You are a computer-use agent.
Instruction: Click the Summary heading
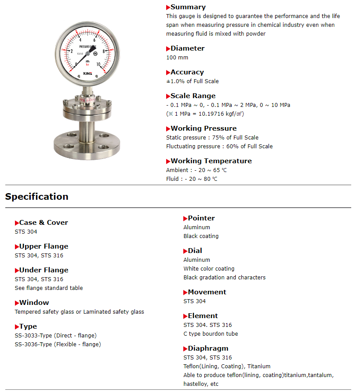coord(188,7)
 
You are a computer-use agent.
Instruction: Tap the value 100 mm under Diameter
coord(177,58)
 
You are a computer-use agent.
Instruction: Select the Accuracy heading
coord(187,72)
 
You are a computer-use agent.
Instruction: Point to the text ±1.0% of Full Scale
coord(192,81)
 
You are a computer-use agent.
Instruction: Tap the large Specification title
coord(37,197)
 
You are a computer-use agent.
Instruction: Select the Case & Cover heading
coord(44,223)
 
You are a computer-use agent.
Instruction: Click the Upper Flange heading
coord(44,246)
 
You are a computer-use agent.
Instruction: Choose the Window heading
coord(34,303)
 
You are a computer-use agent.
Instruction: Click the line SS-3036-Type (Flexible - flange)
coord(58,344)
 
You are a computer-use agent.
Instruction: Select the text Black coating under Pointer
coord(201,236)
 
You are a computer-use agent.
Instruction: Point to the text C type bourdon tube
coord(211,334)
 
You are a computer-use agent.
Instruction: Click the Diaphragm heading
coord(208,348)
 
